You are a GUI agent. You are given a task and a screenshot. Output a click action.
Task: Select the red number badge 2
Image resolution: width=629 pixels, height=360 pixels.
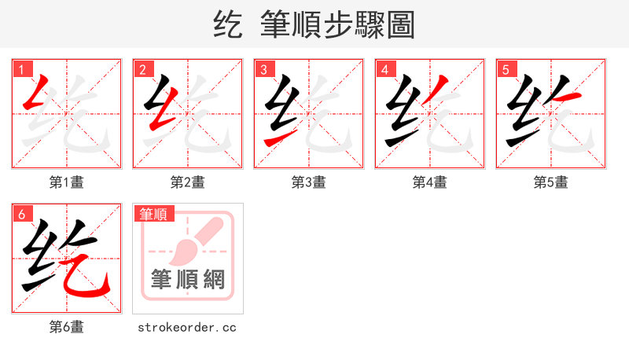tap(142, 69)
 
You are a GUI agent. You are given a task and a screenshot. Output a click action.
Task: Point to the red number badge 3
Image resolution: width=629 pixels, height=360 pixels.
tap(263, 69)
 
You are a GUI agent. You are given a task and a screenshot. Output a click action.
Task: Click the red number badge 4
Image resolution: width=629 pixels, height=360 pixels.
tap(384, 69)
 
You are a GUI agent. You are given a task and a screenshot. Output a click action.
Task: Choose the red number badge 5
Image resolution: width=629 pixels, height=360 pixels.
tap(506, 69)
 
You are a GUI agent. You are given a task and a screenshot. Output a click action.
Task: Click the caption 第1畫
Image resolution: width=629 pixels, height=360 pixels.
tap(67, 182)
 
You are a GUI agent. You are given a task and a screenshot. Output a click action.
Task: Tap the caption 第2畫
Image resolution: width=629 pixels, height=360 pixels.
tap(188, 182)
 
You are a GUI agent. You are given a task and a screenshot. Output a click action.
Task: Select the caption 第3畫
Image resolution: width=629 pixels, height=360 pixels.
tap(309, 182)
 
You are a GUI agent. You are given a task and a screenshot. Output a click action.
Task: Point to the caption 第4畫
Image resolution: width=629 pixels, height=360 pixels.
tap(430, 182)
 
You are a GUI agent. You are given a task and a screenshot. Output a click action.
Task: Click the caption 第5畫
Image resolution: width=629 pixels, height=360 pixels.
tap(551, 182)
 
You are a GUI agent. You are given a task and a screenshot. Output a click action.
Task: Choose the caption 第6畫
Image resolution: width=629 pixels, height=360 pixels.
tap(67, 327)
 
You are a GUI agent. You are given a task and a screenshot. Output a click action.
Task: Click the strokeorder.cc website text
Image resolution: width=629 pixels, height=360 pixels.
tap(187, 327)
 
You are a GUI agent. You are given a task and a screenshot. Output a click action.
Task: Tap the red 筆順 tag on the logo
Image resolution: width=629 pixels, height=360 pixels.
tap(155, 214)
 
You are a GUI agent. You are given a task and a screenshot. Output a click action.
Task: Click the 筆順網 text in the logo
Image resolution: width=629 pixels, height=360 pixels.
tap(188, 280)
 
